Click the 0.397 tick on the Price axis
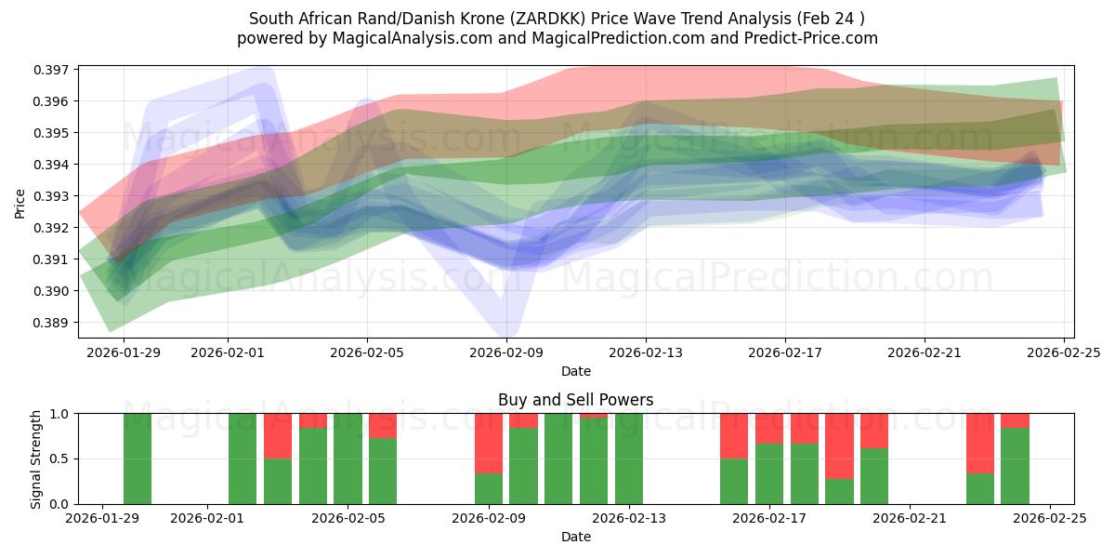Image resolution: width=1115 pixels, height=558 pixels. click(x=52, y=70)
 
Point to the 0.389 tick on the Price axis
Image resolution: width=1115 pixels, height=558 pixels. click(x=52, y=323)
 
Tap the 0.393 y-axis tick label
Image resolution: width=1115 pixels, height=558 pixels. click(x=52, y=196)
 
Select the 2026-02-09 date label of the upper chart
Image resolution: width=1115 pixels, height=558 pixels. click(x=506, y=352)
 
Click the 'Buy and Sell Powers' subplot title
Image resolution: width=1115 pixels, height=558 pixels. click(x=575, y=400)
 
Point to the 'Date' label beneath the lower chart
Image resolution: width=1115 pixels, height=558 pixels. click(x=575, y=537)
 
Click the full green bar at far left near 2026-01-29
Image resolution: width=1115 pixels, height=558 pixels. click(x=138, y=458)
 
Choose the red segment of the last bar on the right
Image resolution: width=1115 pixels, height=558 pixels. click(x=1015, y=420)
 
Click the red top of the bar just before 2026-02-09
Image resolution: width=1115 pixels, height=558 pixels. click(x=489, y=443)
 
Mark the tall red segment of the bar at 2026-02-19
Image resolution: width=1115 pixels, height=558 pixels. click(x=839, y=445)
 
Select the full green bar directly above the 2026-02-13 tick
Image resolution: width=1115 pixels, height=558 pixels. click(x=629, y=458)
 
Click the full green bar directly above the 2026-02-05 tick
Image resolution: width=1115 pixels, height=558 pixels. click(x=348, y=458)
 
